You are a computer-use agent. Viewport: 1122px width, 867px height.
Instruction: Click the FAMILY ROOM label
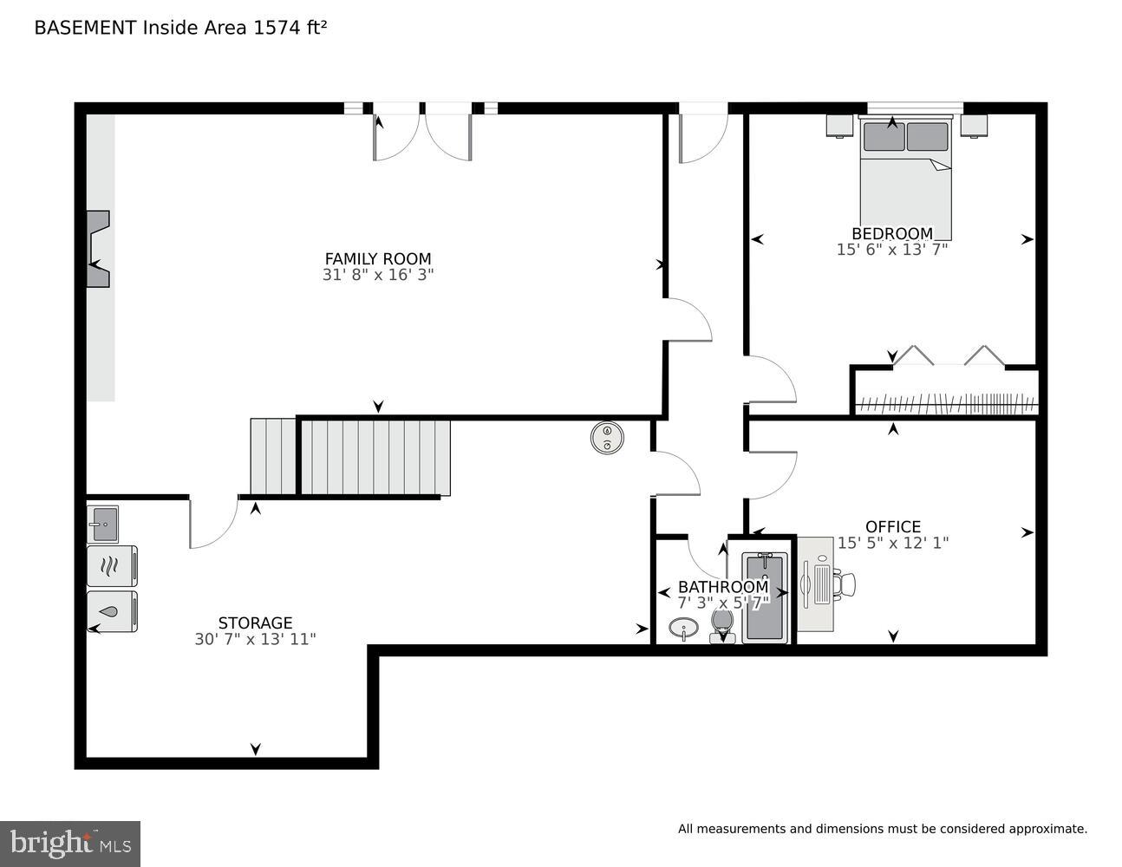click(377, 258)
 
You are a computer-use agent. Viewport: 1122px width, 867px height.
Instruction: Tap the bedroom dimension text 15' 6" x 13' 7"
click(892, 250)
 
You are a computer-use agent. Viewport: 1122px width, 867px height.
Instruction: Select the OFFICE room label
click(893, 526)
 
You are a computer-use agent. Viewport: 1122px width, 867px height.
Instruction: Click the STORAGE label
click(255, 623)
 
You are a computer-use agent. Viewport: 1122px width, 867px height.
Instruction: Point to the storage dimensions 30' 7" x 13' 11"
click(255, 640)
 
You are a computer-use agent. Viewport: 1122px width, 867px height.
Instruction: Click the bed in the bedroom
click(905, 178)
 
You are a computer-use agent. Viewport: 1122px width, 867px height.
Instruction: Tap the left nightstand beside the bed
click(839, 126)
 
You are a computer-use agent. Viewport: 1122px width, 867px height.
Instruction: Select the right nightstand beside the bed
click(974, 126)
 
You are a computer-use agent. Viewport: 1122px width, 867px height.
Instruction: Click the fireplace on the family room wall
click(97, 249)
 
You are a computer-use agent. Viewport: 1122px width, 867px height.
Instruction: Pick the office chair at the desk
click(844, 583)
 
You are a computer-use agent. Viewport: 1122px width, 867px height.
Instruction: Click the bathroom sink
click(684, 628)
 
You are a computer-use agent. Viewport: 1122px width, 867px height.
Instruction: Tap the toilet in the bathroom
click(721, 623)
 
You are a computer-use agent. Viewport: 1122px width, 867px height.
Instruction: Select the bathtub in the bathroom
click(765, 597)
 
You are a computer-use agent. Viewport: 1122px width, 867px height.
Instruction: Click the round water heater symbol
click(607, 437)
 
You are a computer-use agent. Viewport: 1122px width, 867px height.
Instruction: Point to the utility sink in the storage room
click(102, 524)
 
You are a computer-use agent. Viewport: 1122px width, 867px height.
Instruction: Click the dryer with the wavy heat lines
click(112, 566)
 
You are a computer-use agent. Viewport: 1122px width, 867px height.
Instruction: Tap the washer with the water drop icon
click(112, 611)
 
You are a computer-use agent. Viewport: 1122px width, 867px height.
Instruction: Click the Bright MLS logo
click(70, 844)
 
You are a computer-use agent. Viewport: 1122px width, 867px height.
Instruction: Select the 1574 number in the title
click(274, 28)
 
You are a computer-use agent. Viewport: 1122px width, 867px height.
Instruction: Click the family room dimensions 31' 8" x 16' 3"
click(377, 275)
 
